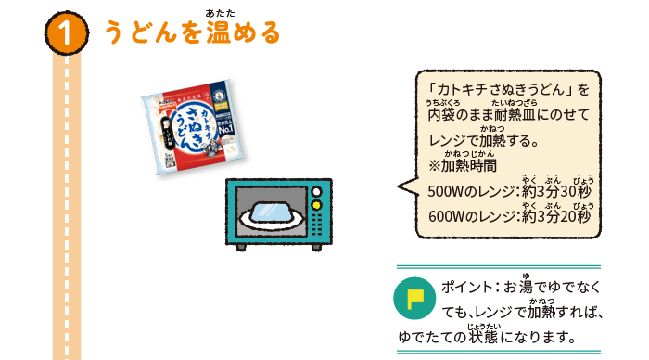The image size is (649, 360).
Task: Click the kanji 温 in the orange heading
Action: pyautogui.click(x=217, y=34)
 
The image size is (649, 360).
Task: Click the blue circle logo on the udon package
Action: pyautogui.click(x=219, y=93)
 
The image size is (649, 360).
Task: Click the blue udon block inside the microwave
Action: pyautogui.click(x=274, y=212)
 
